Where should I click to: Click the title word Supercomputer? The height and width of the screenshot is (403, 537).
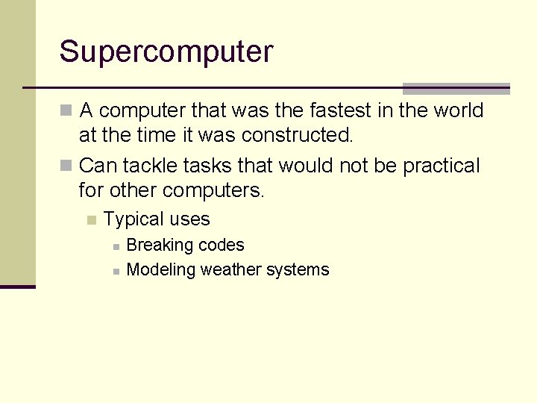166,52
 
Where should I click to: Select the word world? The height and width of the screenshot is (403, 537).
457,110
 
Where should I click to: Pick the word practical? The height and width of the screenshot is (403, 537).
442,166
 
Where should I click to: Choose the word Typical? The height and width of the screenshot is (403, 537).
134,219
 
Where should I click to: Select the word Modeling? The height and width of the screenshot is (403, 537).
160,270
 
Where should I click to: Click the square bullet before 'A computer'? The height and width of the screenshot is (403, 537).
66,110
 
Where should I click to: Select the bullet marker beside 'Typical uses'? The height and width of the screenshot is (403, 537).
91,219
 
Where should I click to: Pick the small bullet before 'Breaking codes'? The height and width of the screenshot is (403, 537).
116,246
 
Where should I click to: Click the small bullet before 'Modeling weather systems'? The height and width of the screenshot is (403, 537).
116,271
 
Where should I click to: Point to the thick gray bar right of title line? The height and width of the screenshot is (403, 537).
456,88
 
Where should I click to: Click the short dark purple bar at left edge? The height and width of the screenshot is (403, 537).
18,287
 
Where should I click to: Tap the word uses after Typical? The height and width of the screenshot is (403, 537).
189,219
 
